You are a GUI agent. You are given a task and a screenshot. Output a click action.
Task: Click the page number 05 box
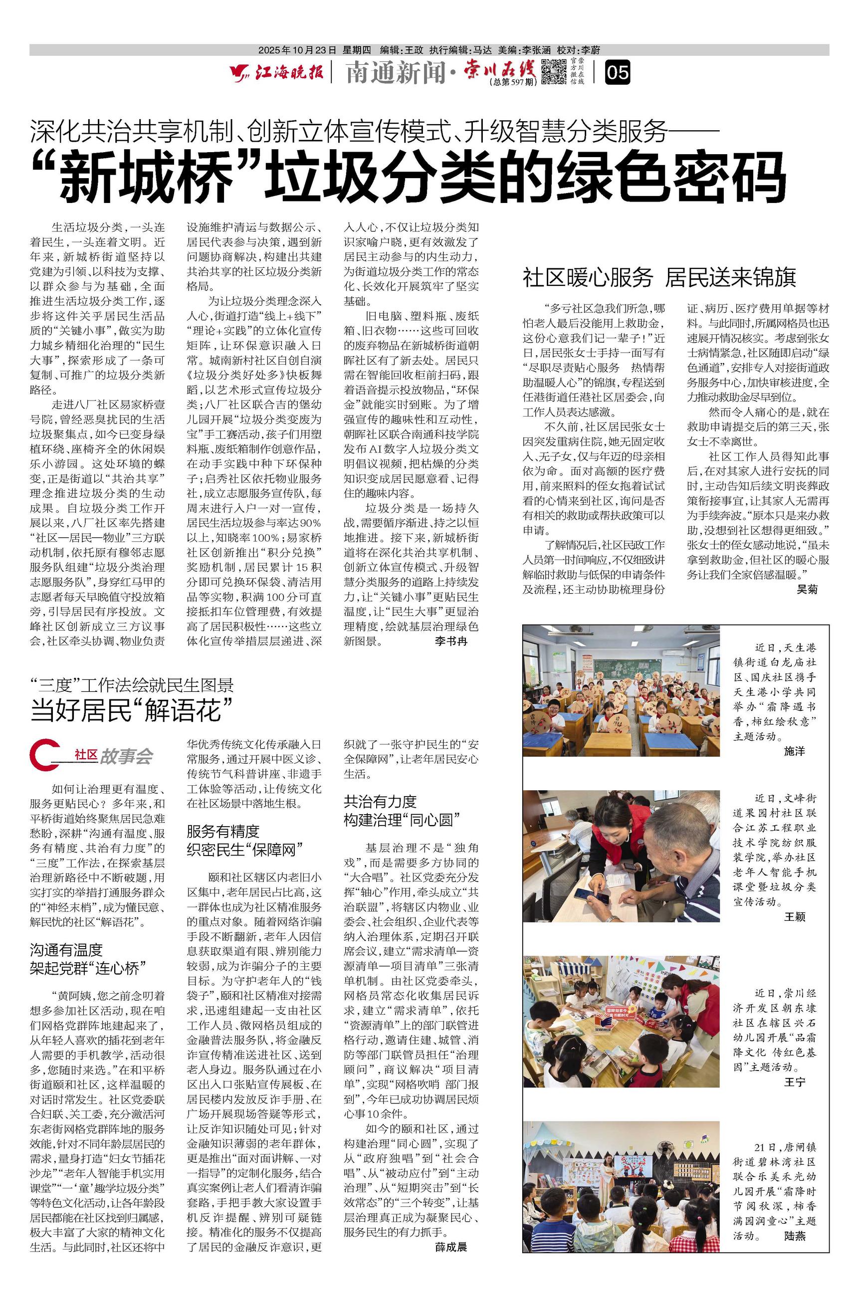tap(617, 72)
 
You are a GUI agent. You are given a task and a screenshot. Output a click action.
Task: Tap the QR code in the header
tap(553, 72)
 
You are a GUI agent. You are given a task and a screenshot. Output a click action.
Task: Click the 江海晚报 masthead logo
tap(277, 72)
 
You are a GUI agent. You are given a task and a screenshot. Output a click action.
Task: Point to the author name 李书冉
tap(451, 642)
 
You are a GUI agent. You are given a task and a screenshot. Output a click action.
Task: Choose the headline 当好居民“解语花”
tap(132, 710)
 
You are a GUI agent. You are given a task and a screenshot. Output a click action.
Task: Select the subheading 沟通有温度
tap(66, 950)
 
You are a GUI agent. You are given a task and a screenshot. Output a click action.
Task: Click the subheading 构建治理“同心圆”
tap(402, 820)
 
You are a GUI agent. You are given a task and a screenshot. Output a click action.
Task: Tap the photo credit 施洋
tap(794, 751)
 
